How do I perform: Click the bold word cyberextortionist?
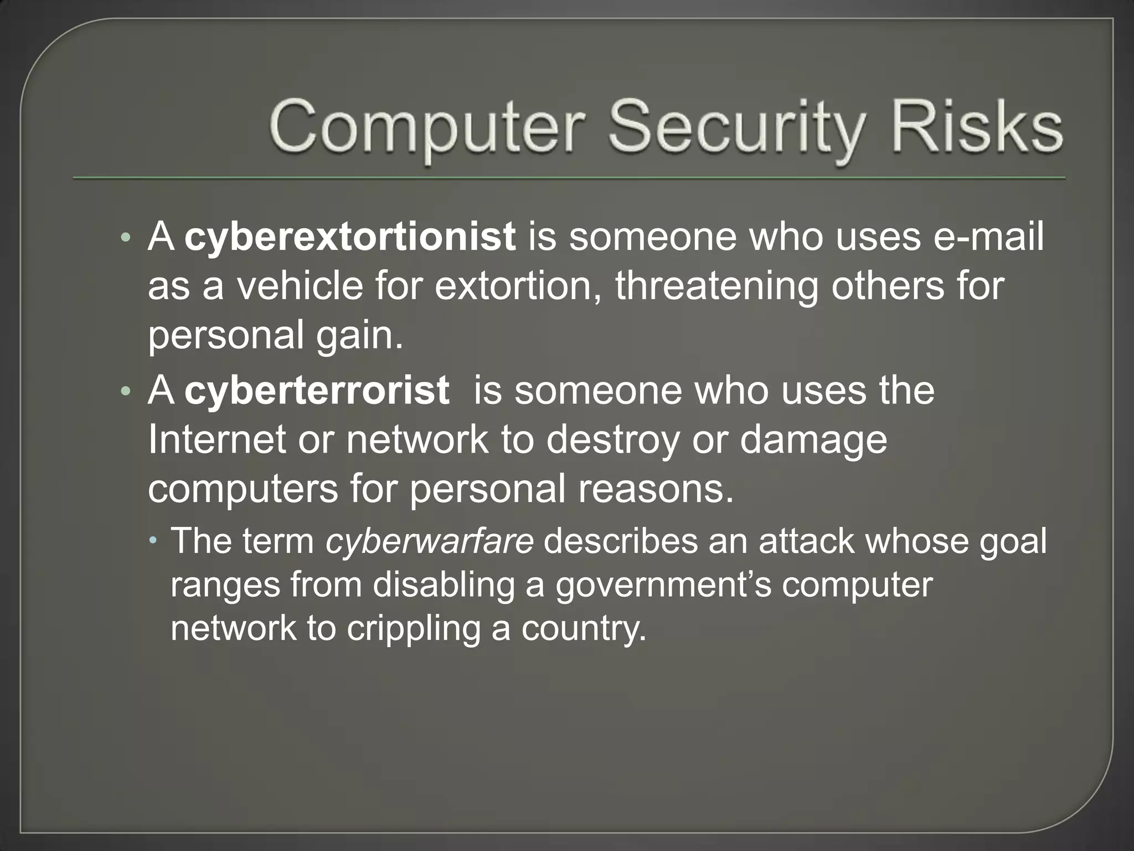(x=350, y=237)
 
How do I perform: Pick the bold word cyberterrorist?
(x=316, y=390)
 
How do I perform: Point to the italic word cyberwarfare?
(x=429, y=541)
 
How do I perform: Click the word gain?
(x=359, y=336)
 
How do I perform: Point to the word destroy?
(x=612, y=440)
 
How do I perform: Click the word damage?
(x=813, y=440)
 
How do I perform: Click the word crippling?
(x=414, y=629)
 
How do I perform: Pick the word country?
(x=584, y=629)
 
